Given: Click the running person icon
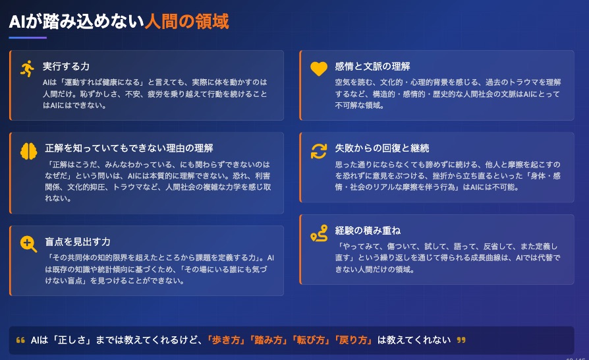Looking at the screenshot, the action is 28,69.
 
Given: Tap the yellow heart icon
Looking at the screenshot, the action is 319,69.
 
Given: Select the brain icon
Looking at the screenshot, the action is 28,151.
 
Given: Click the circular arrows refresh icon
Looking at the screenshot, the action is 319,151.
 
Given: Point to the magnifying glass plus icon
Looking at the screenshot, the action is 28,244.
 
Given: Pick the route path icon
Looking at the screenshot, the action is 319,233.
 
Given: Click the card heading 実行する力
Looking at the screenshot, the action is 66,67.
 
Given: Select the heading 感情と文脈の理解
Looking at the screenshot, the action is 373,67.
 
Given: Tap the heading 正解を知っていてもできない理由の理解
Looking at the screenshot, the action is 129,148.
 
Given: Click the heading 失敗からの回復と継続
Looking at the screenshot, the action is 382,148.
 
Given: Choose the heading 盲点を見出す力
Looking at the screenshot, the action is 78,241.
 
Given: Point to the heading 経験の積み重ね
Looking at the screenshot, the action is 368,230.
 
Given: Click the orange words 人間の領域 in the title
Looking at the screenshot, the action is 186,21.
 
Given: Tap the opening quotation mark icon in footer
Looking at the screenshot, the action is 20,340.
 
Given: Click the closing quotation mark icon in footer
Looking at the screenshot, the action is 461,340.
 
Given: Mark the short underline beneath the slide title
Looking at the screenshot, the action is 28,38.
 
